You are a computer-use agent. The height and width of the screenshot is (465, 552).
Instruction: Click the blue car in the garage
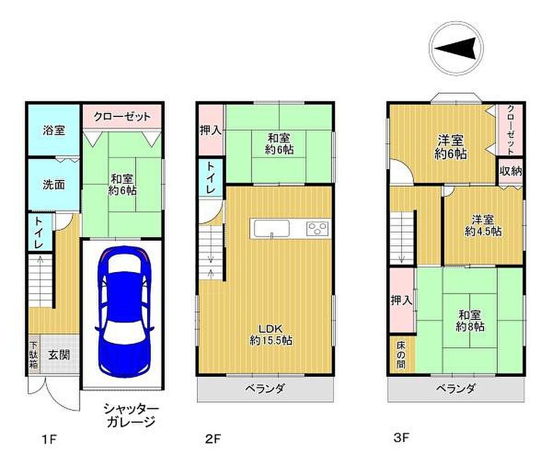pyautogui.click(x=124, y=312)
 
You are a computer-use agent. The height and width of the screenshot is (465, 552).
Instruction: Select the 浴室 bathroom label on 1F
pyautogui.click(x=54, y=130)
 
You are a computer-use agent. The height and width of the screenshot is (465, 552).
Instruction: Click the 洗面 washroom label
pyautogui.click(x=54, y=184)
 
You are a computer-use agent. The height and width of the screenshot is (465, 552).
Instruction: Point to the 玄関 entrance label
pyautogui.click(x=59, y=355)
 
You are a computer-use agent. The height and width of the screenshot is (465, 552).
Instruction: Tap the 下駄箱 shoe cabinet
pyautogui.click(x=34, y=355)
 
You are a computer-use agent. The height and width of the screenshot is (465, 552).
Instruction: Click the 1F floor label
pyautogui.click(x=49, y=439)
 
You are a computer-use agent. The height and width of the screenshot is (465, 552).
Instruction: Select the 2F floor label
pyautogui.click(x=213, y=439)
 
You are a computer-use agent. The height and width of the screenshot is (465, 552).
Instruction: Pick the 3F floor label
pyautogui.click(x=401, y=438)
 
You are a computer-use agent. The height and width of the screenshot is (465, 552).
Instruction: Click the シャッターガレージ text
pyautogui.click(x=130, y=415)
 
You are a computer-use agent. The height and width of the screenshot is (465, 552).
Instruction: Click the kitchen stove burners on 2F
pyautogui.click(x=318, y=228)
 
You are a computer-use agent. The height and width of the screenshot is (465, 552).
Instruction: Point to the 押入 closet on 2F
pyautogui.click(x=211, y=130)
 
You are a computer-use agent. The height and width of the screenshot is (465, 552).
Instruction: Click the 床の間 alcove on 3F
pyautogui.click(x=401, y=355)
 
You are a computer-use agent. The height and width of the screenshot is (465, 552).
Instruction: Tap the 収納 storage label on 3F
pyautogui.click(x=511, y=171)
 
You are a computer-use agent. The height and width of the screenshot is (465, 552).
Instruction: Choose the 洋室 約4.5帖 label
pyautogui.click(x=483, y=226)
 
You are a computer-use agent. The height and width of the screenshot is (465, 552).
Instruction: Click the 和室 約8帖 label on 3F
pyautogui.click(x=470, y=321)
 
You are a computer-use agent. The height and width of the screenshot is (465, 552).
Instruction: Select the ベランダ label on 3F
pyautogui.click(x=456, y=388)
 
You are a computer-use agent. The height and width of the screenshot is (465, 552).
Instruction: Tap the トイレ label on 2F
pyautogui.click(x=210, y=177)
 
